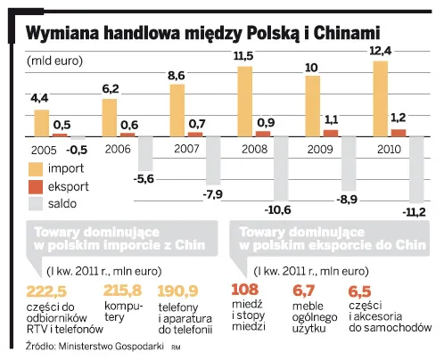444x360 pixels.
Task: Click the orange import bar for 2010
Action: (x=381, y=98)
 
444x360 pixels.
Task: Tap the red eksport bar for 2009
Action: (x=331, y=132)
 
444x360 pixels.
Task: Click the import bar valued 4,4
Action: (x=42, y=122)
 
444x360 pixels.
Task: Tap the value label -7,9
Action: (x=213, y=192)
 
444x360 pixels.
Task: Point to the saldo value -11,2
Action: (x=414, y=211)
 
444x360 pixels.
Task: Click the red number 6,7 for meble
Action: (x=304, y=289)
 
